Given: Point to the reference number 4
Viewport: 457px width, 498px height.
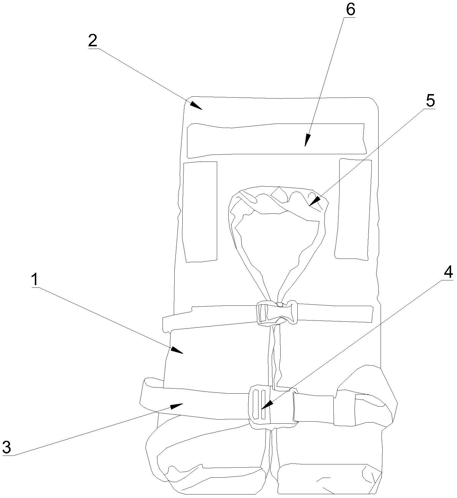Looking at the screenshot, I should click(448, 273).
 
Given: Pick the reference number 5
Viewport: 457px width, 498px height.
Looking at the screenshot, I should click(430, 101).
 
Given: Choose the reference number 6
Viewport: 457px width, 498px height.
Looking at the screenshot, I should click(350, 10).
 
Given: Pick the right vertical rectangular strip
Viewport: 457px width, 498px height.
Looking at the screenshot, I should click(353, 209).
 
